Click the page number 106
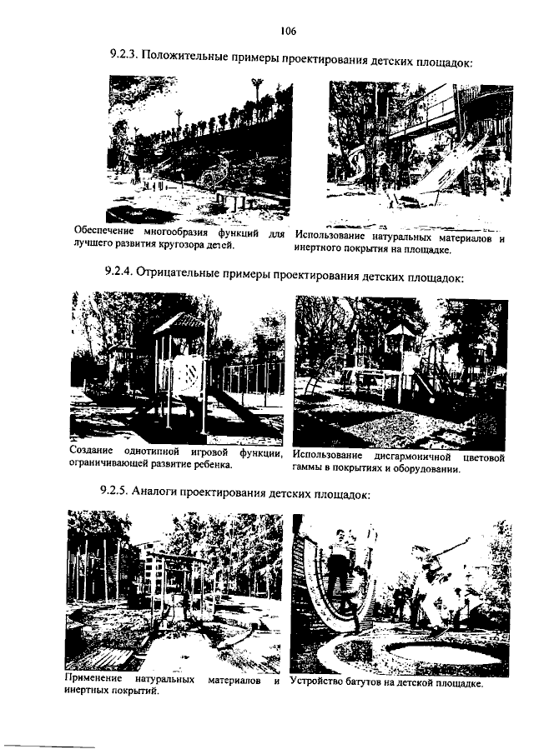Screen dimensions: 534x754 click(x=289, y=32)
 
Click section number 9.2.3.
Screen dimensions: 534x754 click(x=123, y=55)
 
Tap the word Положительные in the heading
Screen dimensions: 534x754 click(x=185, y=57)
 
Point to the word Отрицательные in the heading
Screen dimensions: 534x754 click(x=179, y=273)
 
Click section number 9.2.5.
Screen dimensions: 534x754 click(x=113, y=490)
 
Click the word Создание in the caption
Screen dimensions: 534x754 click(x=91, y=452)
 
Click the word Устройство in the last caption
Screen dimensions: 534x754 click(x=313, y=682)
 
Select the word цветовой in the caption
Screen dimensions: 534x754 click(x=483, y=457)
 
